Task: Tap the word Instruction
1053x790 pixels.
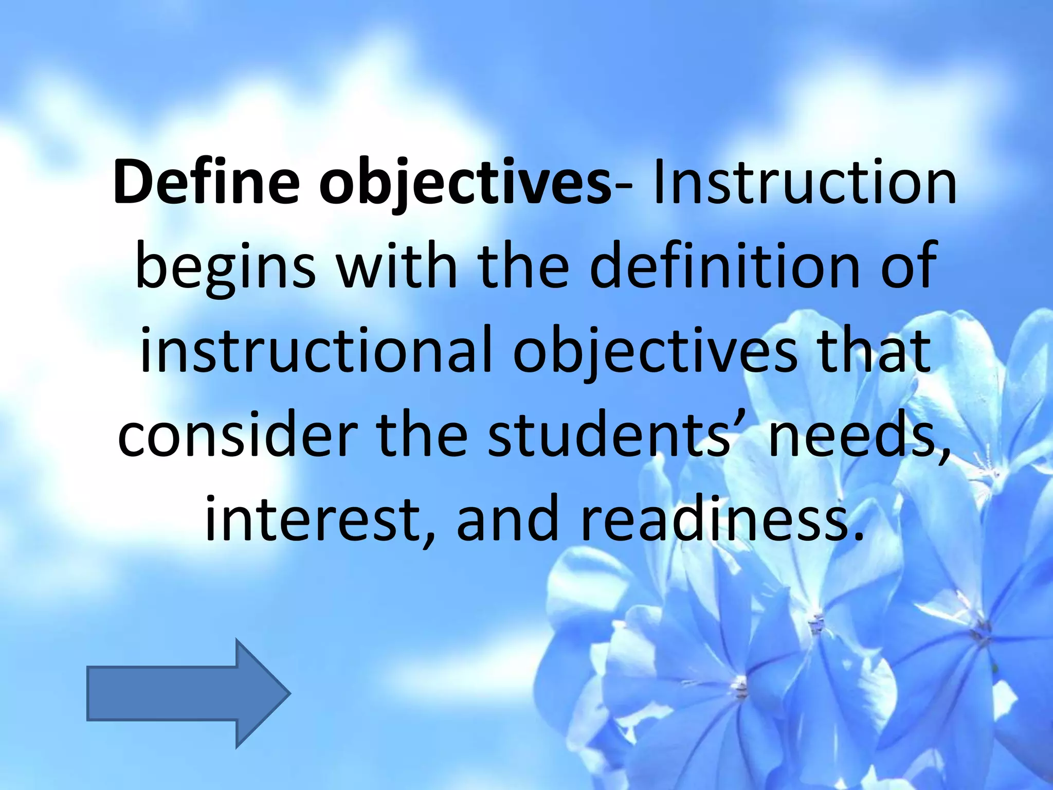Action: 803,183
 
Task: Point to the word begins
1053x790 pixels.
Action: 225,267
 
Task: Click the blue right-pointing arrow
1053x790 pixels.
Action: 188,693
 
